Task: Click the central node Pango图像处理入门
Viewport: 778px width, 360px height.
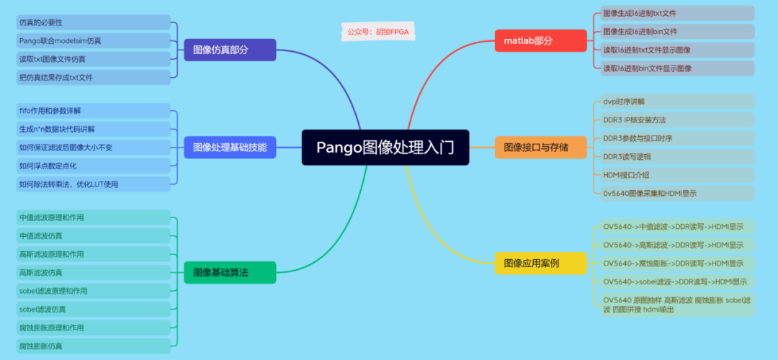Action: pos(385,148)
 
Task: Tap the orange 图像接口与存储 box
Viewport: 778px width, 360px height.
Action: pos(536,148)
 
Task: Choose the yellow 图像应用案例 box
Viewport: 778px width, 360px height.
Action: pos(531,263)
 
